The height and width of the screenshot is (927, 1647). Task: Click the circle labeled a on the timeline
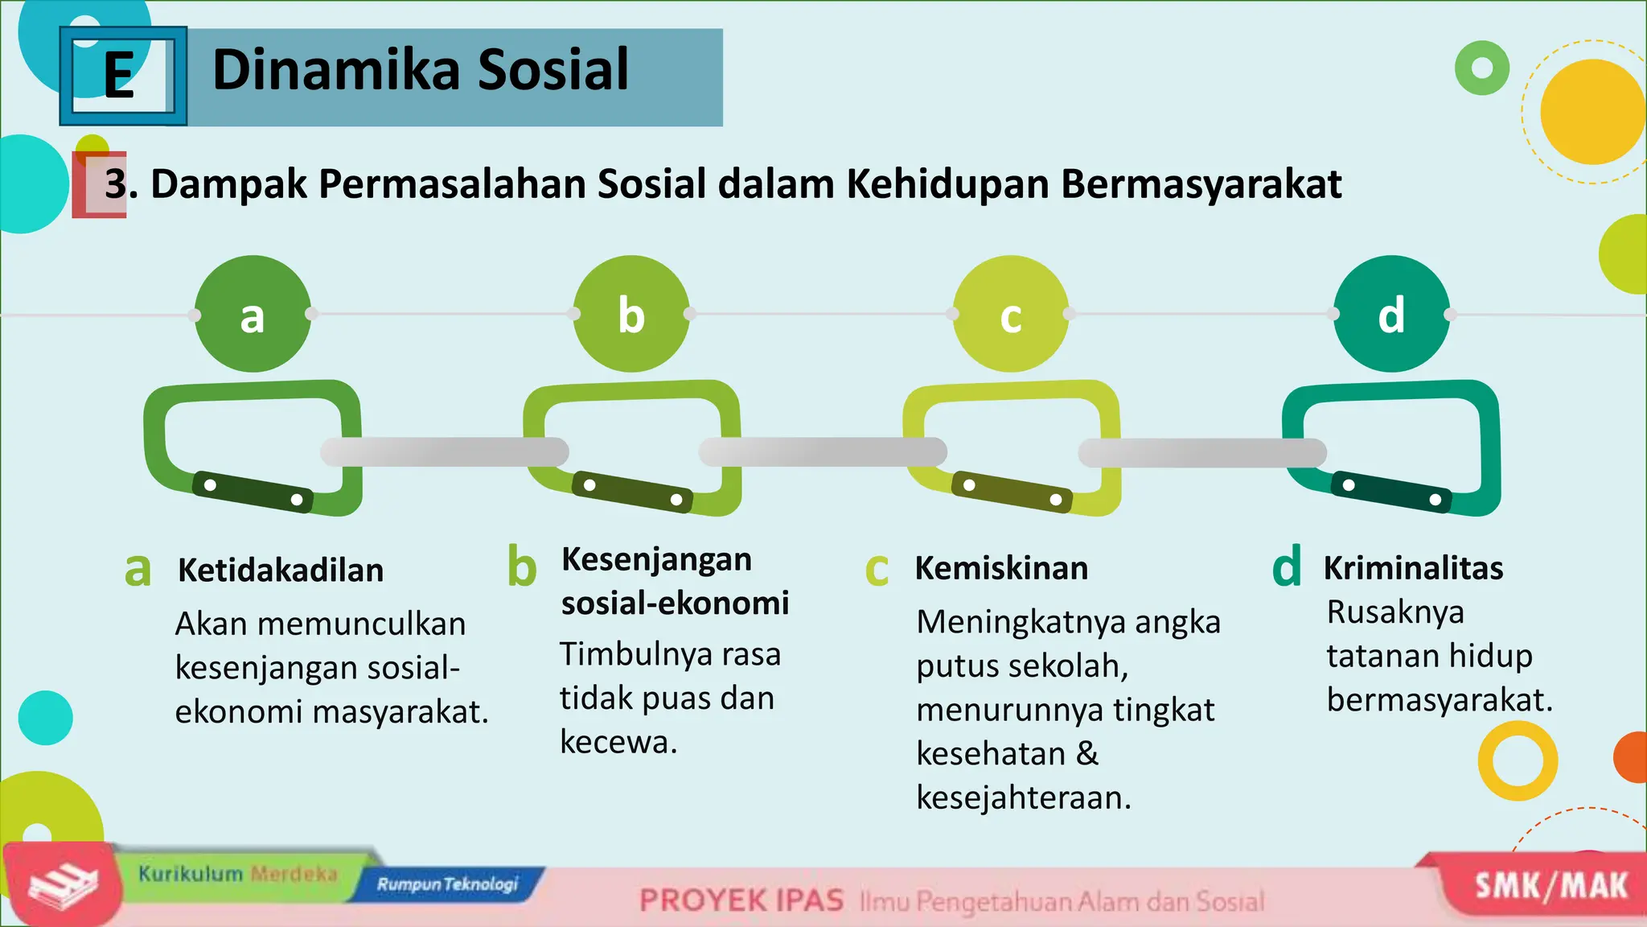pyautogui.click(x=253, y=314)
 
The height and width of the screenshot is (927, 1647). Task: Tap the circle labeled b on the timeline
pyautogui.click(x=631, y=314)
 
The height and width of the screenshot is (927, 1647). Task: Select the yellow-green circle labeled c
pyautogui.click(x=1011, y=314)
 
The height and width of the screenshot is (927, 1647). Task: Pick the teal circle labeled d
pyautogui.click(x=1391, y=314)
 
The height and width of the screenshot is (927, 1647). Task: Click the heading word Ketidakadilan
pyautogui.click(x=281, y=571)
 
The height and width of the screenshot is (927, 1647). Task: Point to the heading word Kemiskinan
pyautogui.click(x=1001, y=568)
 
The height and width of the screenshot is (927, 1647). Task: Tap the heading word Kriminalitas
pyautogui.click(x=1413, y=568)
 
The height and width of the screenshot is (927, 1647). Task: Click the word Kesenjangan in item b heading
pyautogui.click(x=656, y=559)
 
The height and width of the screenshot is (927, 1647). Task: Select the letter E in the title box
pyautogui.click(x=119, y=76)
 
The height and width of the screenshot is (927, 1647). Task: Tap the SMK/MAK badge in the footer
pyautogui.click(x=1550, y=886)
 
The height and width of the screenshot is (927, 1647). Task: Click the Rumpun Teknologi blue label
pyautogui.click(x=448, y=884)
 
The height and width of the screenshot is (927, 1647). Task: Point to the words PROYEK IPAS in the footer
pyautogui.click(x=741, y=900)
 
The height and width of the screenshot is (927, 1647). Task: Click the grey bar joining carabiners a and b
pyautogui.click(x=444, y=452)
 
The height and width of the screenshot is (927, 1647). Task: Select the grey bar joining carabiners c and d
pyautogui.click(x=1202, y=452)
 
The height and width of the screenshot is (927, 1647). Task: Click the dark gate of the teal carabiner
pyautogui.click(x=1391, y=492)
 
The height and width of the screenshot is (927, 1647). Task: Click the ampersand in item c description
pyautogui.click(x=1087, y=754)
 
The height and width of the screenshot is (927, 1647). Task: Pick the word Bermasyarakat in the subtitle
pyautogui.click(x=1201, y=184)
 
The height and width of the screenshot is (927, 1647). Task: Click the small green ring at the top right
pyautogui.click(x=1481, y=68)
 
